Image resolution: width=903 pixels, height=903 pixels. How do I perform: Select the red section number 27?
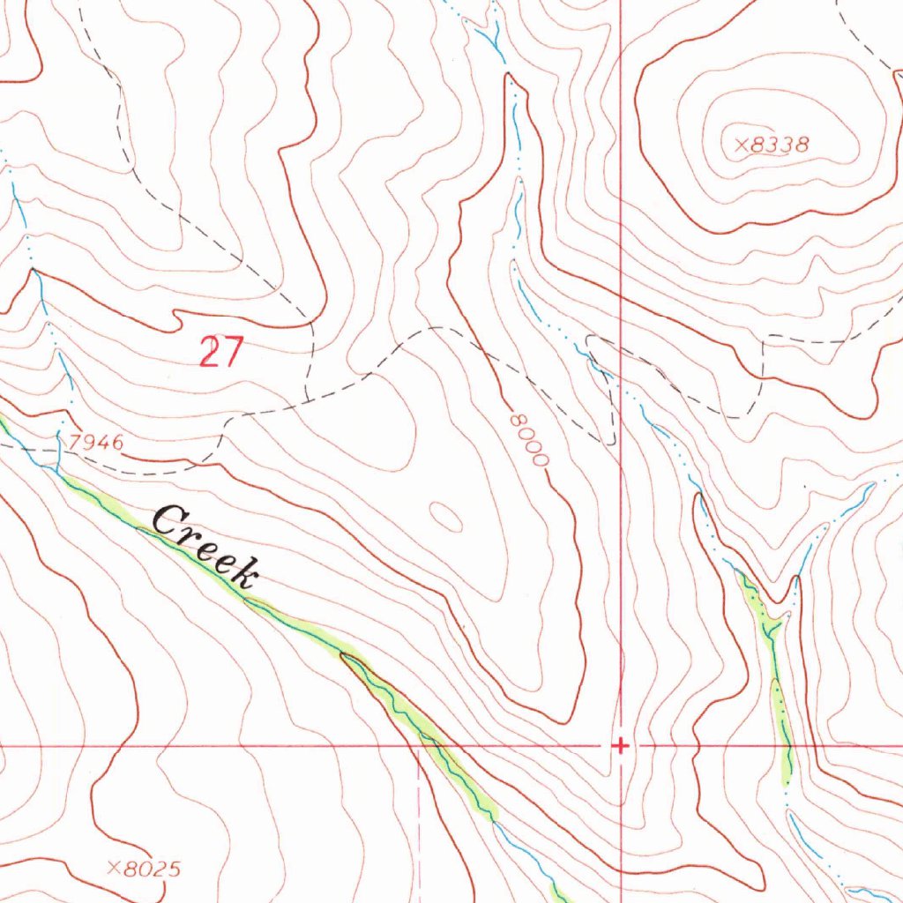(220, 352)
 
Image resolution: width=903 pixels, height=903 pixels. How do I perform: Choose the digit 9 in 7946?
(90, 443)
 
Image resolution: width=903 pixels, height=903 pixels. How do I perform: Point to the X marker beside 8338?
(741, 145)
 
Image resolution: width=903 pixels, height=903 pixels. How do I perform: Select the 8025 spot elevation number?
(152, 869)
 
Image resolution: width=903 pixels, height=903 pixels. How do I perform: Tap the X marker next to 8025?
(113, 869)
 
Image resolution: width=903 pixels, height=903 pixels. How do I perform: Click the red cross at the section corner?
(621, 746)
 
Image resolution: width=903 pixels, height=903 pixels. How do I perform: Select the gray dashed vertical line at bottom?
(420, 829)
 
